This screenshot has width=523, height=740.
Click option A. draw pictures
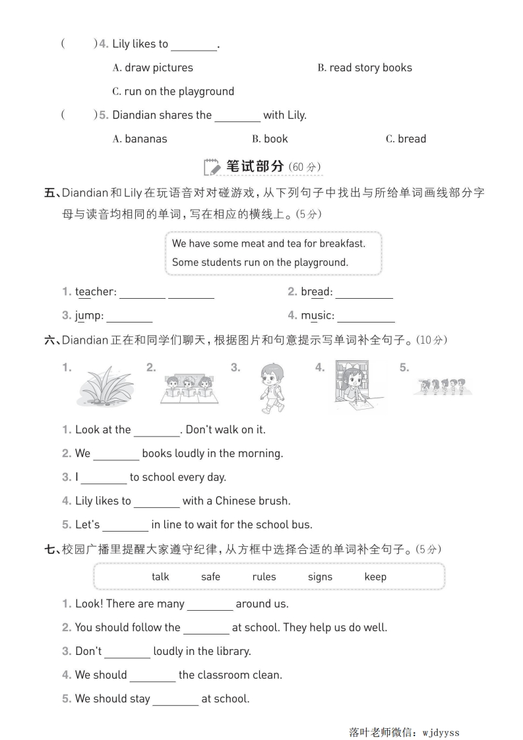pyautogui.click(x=153, y=67)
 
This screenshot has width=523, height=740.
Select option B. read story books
pyautogui.click(x=364, y=67)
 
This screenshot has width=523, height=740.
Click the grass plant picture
pyautogui.click(x=106, y=386)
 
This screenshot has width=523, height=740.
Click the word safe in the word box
pyautogui.click(x=210, y=576)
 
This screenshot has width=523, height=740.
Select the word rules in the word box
pyautogui.click(x=264, y=576)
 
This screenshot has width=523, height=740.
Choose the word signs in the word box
pyautogui.click(x=320, y=576)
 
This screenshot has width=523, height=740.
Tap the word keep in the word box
pyautogui.click(x=375, y=576)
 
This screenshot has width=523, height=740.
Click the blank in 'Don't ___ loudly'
pyautogui.click(x=127, y=652)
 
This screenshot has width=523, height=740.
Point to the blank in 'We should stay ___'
pyautogui.click(x=175, y=699)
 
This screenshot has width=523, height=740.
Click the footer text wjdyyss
pyautogui.click(x=441, y=731)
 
